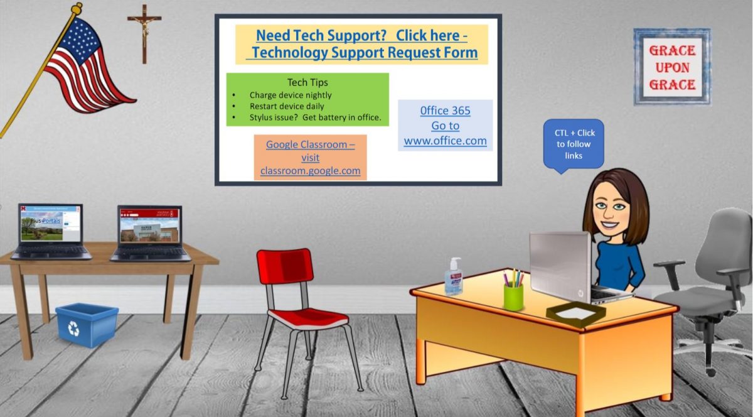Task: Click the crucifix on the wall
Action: pos(144,31)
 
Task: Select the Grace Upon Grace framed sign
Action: pos(671,67)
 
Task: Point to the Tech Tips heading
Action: pos(307,82)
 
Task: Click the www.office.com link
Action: pos(445,141)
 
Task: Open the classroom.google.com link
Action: pos(310,170)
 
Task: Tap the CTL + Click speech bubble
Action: pos(574,143)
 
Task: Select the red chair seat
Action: pos(307,317)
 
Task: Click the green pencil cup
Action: pos(513,295)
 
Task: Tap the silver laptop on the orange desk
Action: pos(562,267)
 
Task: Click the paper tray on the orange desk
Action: pos(576,311)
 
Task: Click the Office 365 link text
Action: pos(445,111)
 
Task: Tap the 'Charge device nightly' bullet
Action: pos(290,95)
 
